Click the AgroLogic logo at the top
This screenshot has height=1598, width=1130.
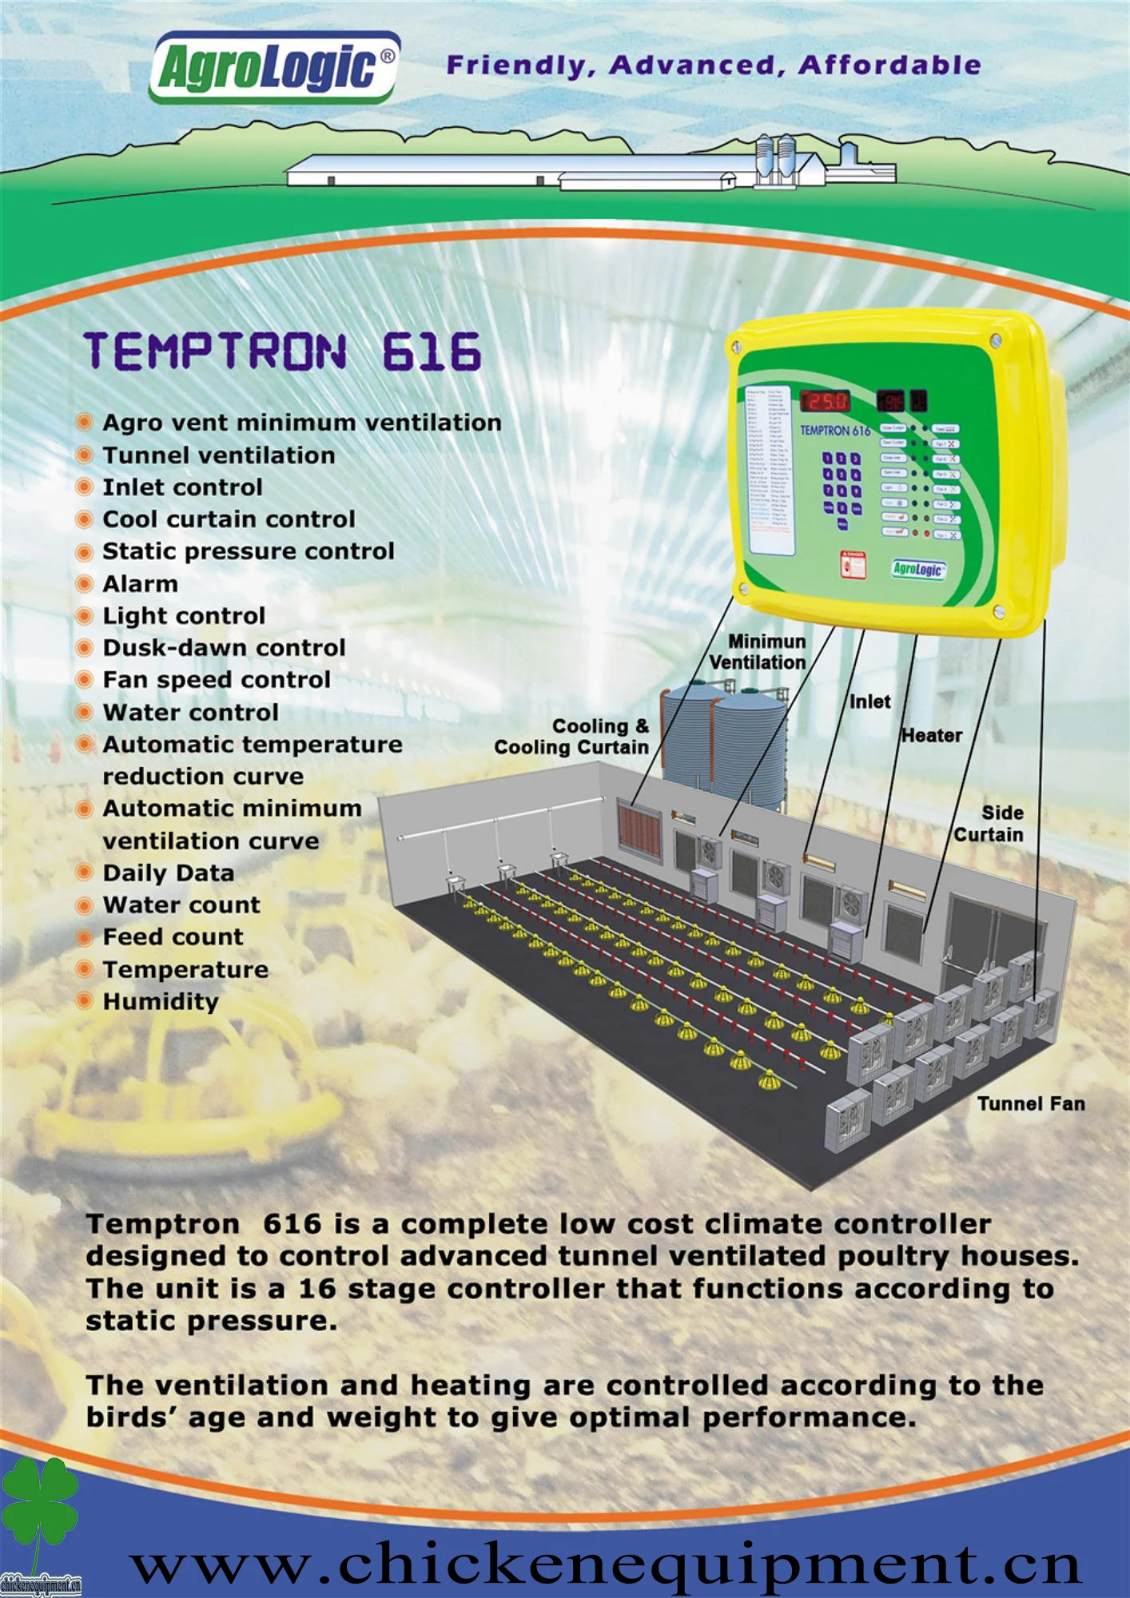pyautogui.click(x=274, y=68)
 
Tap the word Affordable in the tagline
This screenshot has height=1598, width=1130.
pyautogui.click(x=889, y=66)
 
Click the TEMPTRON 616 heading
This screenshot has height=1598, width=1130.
pyautogui.click(x=283, y=352)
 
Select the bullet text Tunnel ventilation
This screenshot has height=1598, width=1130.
pyautogui.click(x=218, y=455)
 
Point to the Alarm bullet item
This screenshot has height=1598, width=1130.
pyautogui.click(x=140, y=584)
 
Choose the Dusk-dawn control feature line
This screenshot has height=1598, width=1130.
pyautogui.click(x=224, y=648)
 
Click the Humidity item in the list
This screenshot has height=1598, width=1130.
pyautogui.click(x=161, y=1001)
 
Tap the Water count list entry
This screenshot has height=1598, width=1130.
pyautogui.click(x=181, y=905)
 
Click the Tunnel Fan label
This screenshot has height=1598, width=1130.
pyautogui.click(x=1031, y=1103)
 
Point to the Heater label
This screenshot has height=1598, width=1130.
pyautogui.click(x=932, y=735)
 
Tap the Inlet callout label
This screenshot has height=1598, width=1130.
pyautogui.click(x=869, y=702)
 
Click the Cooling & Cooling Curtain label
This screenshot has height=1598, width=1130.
pyautogui.click(x=572, y=737)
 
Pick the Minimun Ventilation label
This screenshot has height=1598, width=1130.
pyautogui.click(x=759, y=652)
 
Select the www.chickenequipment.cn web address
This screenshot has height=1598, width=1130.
pyautogui.click(x=606, y=1564)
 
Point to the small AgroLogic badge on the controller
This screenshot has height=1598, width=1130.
pyautogui.click(x=918, y=569)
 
